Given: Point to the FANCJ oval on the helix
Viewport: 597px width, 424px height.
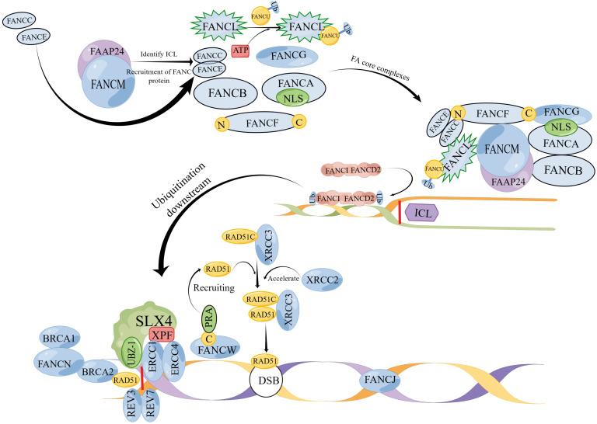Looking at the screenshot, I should click(x=383, y=381).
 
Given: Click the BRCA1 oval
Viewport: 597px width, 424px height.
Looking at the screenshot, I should click(x=59, y=338).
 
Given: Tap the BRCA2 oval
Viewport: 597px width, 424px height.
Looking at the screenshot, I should click(x=98, y=372).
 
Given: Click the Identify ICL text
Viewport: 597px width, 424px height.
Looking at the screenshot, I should click(x=162, y=54).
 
